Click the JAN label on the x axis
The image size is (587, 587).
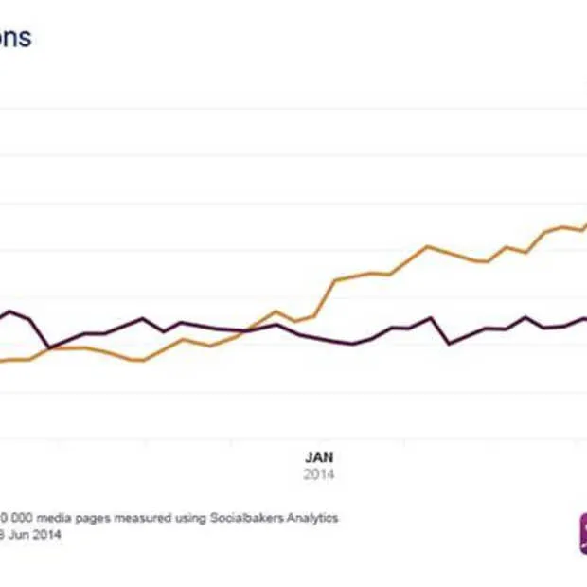pos(319,456)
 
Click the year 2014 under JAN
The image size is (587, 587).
pos(319,473)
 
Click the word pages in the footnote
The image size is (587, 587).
pos(81,518)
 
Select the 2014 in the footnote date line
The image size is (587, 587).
pos(50,535)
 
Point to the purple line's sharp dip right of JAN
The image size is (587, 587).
pos(449,343)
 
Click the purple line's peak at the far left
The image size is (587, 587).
pos(11,311)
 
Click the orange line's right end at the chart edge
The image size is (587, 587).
pos(585,225)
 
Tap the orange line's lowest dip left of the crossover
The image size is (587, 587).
pos(142,360)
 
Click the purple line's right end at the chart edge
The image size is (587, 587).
pos(585,318)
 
